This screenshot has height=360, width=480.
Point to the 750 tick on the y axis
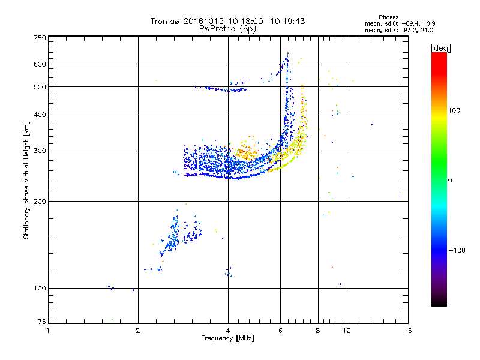40,38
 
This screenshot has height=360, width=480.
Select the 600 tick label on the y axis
40,64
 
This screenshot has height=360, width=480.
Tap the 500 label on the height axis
40,87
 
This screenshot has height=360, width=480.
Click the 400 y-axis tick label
40,115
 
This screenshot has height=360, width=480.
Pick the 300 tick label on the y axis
40,151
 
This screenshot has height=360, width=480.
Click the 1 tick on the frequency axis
48,331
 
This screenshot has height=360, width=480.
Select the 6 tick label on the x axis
280,331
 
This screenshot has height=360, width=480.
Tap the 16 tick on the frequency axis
407,331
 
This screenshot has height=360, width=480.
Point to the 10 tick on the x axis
346,331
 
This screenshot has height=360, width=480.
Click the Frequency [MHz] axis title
227,338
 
